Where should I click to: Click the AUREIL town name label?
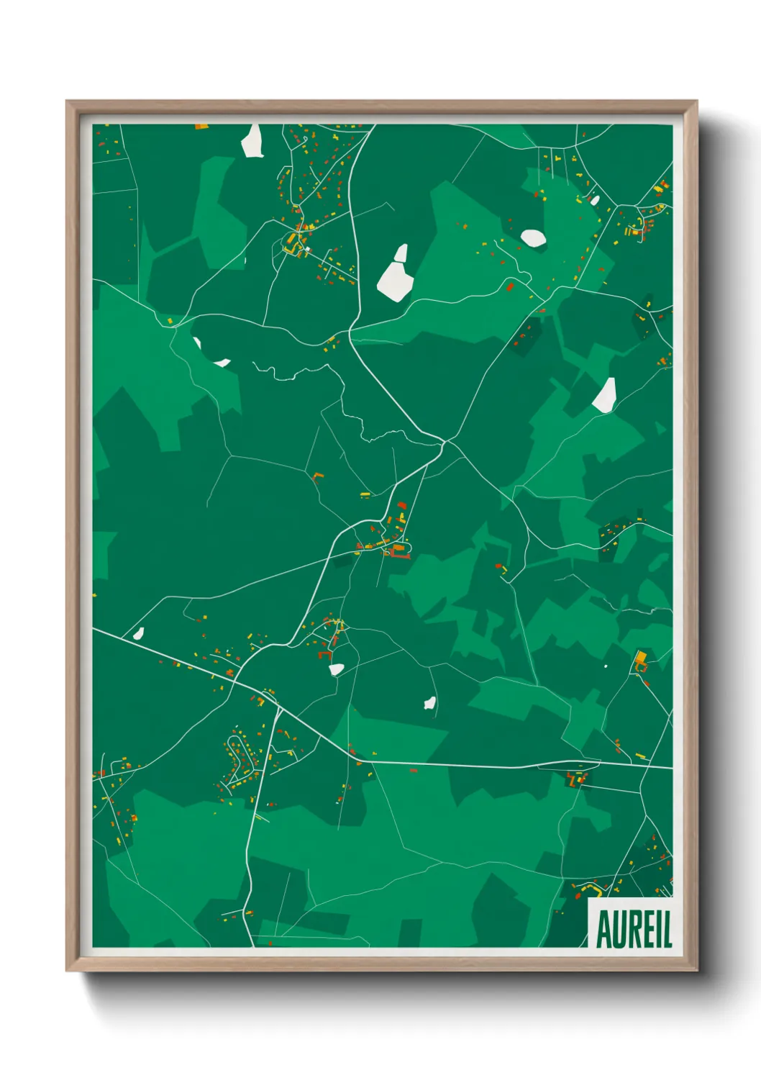pyautogui.click(x=634, y=929)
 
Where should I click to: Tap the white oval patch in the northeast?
pyautogui.click(x=533, y=237)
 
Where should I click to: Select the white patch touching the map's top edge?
pyautogui.click(x=252, y=141)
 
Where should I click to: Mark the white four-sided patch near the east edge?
pyautogui.click(x=605, y=396)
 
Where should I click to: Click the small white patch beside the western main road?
pyautogui.click(x=138, y=634)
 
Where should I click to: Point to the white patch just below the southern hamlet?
pyautogui.click(x=336, y=669)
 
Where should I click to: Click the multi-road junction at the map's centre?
pyautogui.click(x=445, y=441)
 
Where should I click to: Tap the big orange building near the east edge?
pyautogui.click(x=641, y=657)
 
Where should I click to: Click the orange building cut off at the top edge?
pyautogui.click(x=201, y=127)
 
